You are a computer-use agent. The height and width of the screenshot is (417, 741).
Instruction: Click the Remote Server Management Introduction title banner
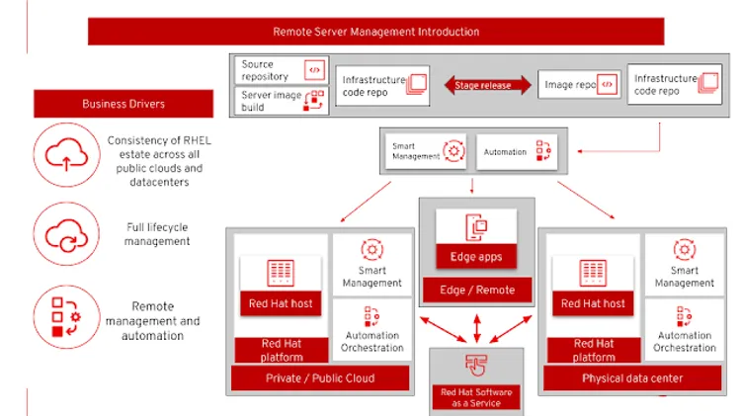(375, 32)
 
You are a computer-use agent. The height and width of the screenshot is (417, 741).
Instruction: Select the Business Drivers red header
(123, 104)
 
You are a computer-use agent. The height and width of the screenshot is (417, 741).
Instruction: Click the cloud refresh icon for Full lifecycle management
(61, 234)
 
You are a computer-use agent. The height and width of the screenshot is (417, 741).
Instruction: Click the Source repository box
(282, 70)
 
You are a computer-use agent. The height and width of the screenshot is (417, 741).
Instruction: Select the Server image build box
(282, 100)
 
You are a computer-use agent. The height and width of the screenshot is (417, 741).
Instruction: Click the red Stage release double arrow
(482, 86)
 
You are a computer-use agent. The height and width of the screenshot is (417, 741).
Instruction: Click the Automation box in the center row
(518, 151)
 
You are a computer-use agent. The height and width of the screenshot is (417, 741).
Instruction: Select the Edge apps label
(477, 257)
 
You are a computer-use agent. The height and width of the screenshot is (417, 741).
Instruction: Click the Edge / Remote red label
(477, 290)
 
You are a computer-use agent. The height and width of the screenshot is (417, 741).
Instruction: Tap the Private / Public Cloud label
(320, 377)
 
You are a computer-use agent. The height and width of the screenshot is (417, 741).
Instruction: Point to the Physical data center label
(632, 377)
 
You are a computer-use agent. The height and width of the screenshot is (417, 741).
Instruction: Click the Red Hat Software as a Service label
(477, 397)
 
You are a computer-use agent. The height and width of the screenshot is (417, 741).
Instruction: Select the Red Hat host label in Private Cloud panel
(281, 303)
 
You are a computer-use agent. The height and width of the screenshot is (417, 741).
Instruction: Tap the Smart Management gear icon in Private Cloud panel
(372, 249)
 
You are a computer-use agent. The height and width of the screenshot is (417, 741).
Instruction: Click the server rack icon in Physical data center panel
(593, 272)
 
